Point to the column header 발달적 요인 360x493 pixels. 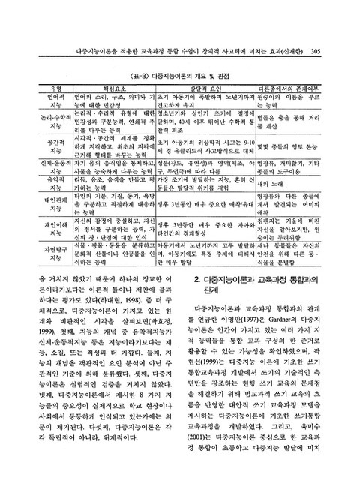[206, 89]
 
